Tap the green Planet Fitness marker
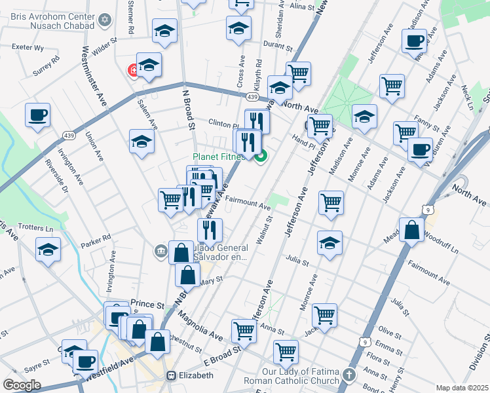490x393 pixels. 261,156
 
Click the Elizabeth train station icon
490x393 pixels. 172,376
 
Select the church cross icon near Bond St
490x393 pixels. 350,376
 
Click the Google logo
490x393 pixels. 22,385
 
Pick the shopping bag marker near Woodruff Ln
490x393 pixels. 411,231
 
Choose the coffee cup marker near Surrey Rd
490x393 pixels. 37,115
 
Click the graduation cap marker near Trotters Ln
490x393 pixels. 48,250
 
